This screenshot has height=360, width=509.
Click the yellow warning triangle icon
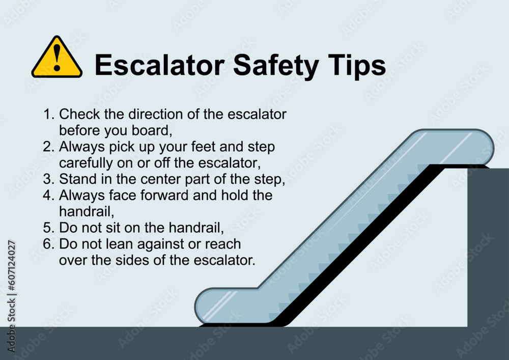coord(56,58)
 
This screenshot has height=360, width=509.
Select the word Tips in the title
coord(356,66)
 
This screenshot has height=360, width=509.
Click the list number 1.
coord(48,114)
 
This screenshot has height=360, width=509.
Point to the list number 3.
coord(48,179)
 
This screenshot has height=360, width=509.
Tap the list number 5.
coord(48,228)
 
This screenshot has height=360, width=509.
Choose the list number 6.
coord(48,244)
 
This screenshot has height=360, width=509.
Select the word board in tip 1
coord(152,130)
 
